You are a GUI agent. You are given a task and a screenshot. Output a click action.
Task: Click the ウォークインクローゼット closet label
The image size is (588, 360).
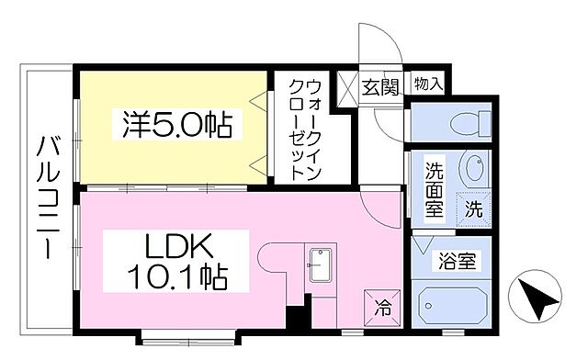307,129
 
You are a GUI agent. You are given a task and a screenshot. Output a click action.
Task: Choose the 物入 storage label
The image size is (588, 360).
428,84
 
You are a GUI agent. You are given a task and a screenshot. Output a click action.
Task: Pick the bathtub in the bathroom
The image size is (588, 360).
453,304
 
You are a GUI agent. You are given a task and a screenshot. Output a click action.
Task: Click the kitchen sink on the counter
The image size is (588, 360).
322,266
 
